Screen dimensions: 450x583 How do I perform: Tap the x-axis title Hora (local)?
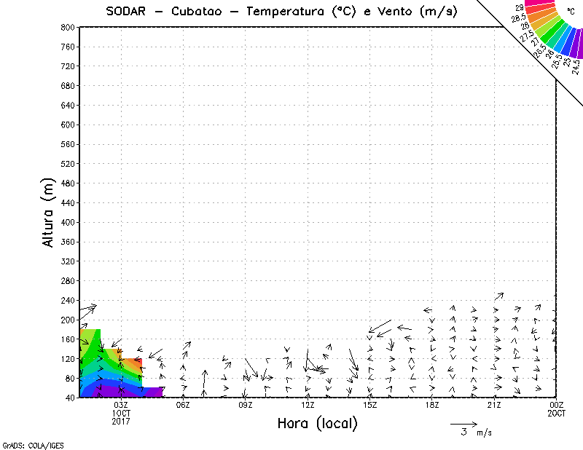tap(318, 424)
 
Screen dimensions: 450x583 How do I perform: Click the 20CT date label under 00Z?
tap(557, 414)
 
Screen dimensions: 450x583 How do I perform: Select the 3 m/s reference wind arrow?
tap(463, 423)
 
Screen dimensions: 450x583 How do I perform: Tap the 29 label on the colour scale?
tap(520, 8)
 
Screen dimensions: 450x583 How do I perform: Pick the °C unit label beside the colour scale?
tap(571, 11)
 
